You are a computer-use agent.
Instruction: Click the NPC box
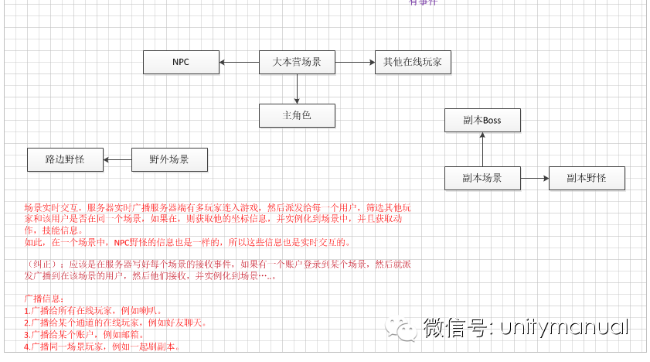click(x=181, y=62)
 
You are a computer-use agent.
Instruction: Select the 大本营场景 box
click(x=297, y=62)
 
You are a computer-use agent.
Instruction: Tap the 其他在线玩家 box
click(x=412, y=62)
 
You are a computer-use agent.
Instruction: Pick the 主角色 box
click(x=297, y=116)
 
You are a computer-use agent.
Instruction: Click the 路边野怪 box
click(x=65, y=160)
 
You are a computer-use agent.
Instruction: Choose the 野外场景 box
click(x=169, y=160)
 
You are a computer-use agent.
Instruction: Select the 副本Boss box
click(x=482, y=120)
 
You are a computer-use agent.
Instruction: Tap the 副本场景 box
click(x=482, y=178)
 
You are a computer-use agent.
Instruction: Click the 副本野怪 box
click(x=586, y=178)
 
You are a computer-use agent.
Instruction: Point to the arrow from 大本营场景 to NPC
click(x=239, y=62)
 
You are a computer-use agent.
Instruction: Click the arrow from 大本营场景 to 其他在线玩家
click(x=355, y=62)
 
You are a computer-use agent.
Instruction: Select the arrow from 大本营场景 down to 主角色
click(x=297, y=89)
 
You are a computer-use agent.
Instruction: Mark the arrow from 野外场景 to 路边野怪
click(x=117, y=160)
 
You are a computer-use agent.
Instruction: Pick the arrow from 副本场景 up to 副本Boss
click(x=482, y=149)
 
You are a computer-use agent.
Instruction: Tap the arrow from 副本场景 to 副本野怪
click(x=535, y=178)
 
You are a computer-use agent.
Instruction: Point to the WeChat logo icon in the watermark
click(x=404, y=327)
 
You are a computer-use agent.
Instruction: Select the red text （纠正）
click(x=39, y=264)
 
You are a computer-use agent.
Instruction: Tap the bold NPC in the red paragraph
click(x=123, y=242)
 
